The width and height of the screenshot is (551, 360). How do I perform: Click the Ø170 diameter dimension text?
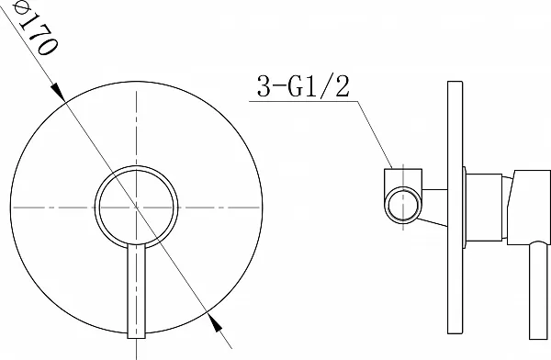click(x=35, y=28)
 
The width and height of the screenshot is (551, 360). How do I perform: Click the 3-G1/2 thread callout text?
click(x=303, y=86)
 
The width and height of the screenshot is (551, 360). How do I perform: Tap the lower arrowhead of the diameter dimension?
click(x=214, y=322)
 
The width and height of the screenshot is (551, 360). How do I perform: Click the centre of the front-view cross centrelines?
click(x=136, y=208)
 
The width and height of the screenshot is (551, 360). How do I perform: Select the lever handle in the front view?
click(x=136, y=291)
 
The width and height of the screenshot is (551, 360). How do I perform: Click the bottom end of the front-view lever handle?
click(x=136, y=338)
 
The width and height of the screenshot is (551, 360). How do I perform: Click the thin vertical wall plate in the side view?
click(x=455, y=208)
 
